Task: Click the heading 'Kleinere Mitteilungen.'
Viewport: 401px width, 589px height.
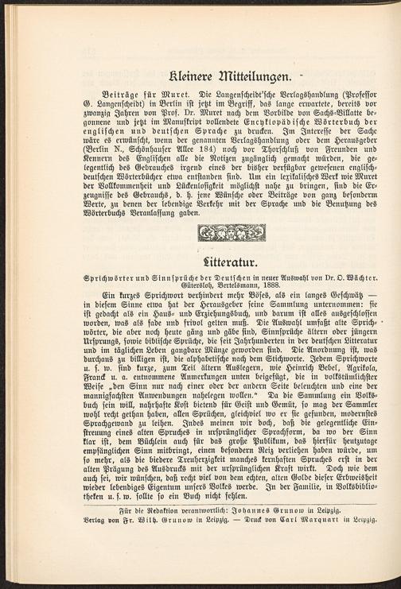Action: pyautogui.click(x=200, y=77)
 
